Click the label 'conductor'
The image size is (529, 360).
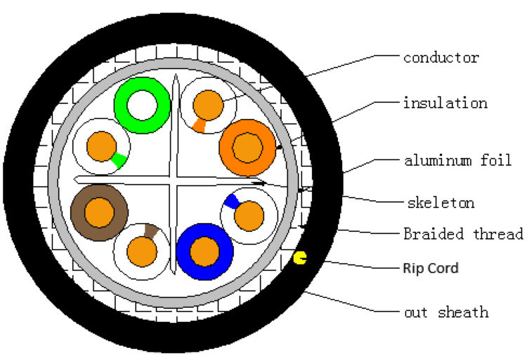click(x=440, y=58)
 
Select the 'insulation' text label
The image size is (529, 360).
click(x=445, y=103)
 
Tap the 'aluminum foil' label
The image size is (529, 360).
click(x=457, y=161)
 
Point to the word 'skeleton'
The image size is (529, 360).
click(x=441, y=203)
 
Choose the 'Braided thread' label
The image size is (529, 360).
click(x=463, y=233)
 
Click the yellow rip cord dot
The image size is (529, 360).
click(x=300, y=259)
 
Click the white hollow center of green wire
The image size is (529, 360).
click(x=142, y=105)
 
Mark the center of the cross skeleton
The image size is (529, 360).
click(x=173, y=181)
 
